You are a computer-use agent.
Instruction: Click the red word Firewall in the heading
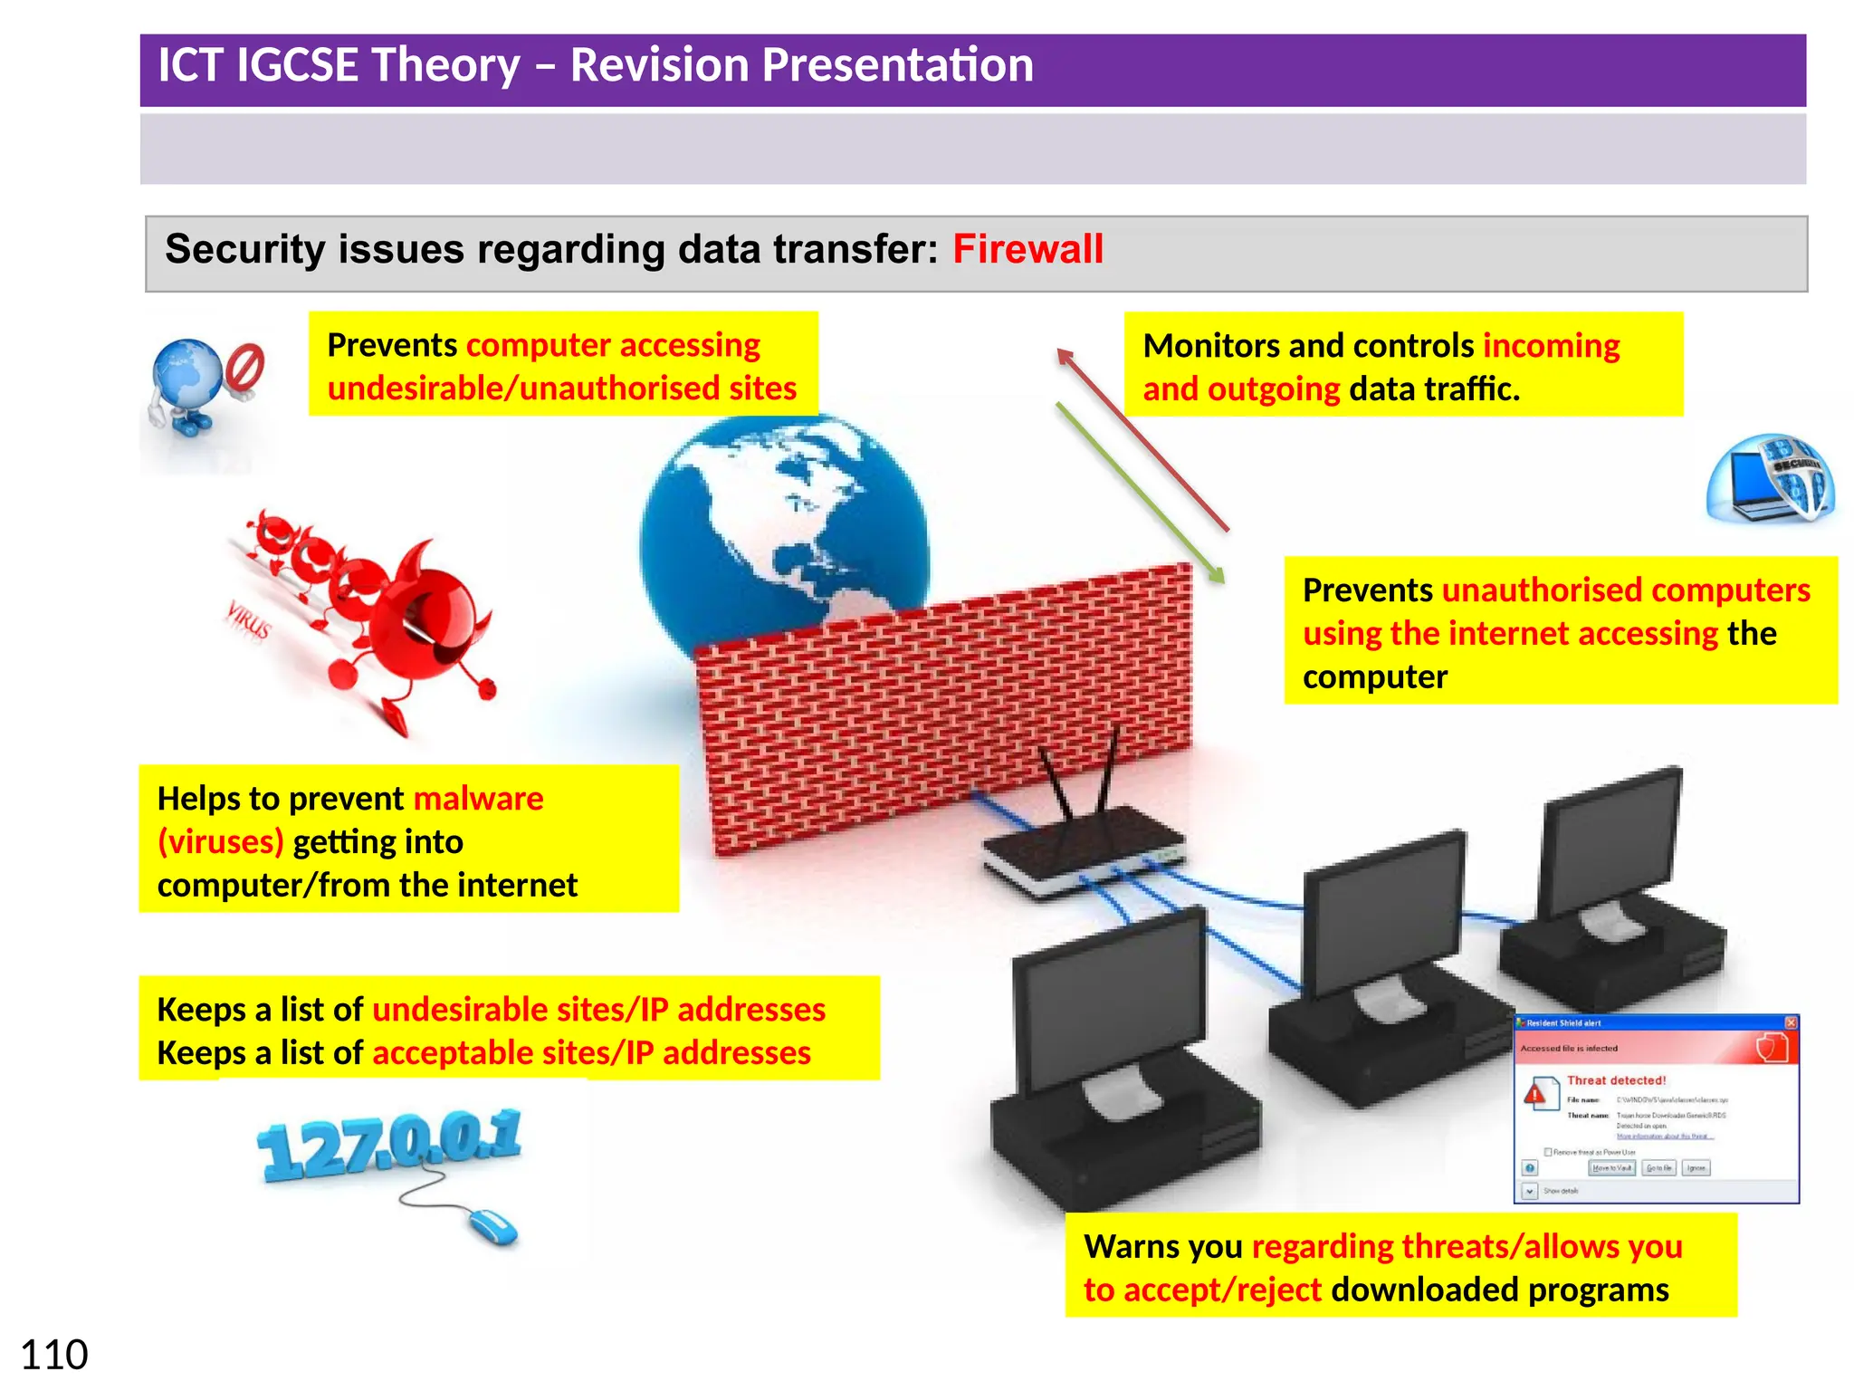coord(1027,249)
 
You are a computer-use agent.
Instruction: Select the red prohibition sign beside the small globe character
coord(244,367)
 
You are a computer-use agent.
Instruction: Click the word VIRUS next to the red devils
coord(248,619)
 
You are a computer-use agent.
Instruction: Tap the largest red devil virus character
coord(425,625)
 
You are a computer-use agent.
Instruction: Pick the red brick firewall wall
coord(941,706)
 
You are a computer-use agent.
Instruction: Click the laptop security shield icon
coord(1770,480)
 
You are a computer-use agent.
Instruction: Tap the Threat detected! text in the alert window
coord(1616,1080)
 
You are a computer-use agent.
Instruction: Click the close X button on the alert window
coord(1790,1022)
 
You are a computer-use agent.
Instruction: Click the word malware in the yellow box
coord(478,799)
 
